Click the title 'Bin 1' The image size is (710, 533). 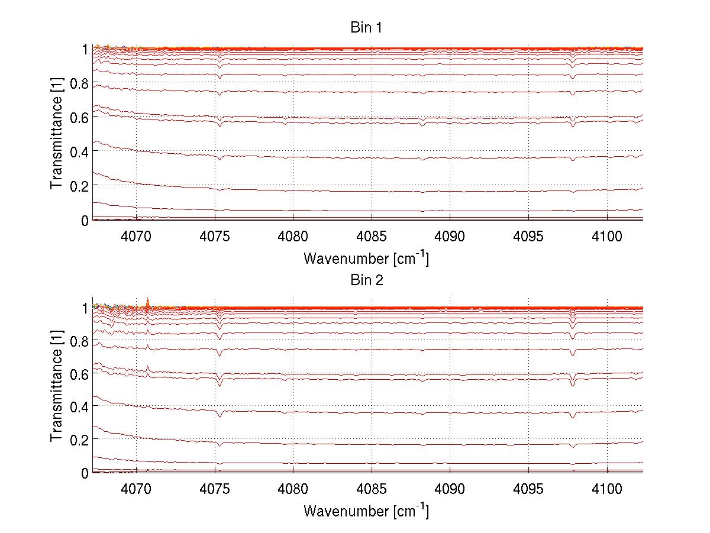tap(367, 27)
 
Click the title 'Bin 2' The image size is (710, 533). tap(367, 280)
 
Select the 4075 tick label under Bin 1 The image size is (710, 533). tap(215, 236)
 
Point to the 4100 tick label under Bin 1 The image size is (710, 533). tap(607, 236)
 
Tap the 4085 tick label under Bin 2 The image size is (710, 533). tap(372, 489)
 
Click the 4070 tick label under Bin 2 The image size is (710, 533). tap(137, 489)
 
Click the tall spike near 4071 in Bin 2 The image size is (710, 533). tap(148, 301)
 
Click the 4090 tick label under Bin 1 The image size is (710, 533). tap(450, 236)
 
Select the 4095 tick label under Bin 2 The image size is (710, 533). tap(528, 489)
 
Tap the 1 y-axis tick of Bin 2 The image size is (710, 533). tap(85, 308)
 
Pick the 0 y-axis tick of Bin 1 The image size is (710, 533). tap(85, 220)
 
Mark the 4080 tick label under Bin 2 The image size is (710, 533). tap(293, 489)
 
